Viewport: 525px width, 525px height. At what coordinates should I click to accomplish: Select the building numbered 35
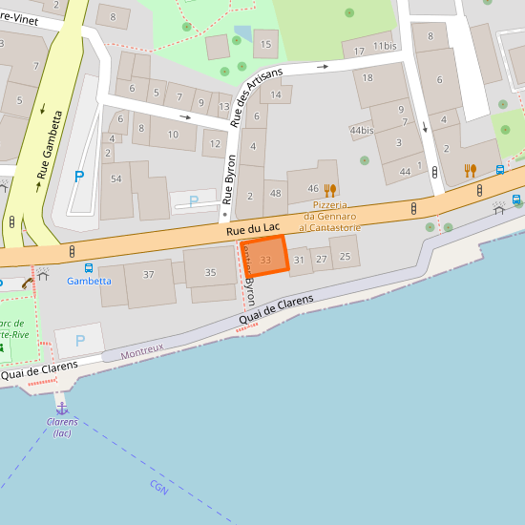tap(210, 272)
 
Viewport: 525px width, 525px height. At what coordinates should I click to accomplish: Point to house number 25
tap(345, 256)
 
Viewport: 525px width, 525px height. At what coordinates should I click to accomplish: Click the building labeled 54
tap(115, 179)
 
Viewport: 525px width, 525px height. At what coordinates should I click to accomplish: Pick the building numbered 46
tap(312, 188)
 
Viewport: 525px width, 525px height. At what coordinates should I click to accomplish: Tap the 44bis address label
tap(362, 130)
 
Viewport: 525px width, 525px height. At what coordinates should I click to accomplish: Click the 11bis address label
tap(385, 46)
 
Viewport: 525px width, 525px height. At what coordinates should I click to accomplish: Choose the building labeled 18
tap(367, 76)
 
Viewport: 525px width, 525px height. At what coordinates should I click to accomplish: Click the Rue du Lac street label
tap(253, 228)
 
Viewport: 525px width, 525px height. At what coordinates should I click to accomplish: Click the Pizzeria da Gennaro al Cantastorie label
tap(329, 217)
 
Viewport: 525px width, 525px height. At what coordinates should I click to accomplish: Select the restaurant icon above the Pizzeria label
tap(330, 190)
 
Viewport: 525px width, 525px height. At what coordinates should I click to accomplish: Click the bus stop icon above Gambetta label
tap(89, 268)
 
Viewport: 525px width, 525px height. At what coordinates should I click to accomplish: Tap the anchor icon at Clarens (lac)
tap(62, 408)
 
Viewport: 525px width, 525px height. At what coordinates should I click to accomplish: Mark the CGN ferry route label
tap(158, 487)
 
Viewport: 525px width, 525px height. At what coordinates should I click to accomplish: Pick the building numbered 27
tap(322, 259)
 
